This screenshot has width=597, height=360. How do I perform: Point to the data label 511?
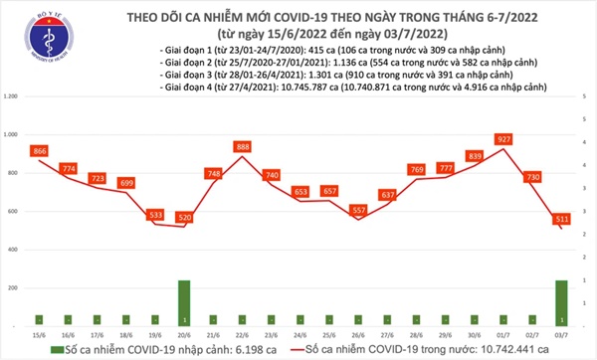point(564,218)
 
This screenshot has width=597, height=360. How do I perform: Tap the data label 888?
point(242,146)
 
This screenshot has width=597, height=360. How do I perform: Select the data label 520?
point(184,216)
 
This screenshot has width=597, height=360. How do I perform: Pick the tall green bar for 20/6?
point(184,301)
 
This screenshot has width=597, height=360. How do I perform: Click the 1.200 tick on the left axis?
point(12,96)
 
